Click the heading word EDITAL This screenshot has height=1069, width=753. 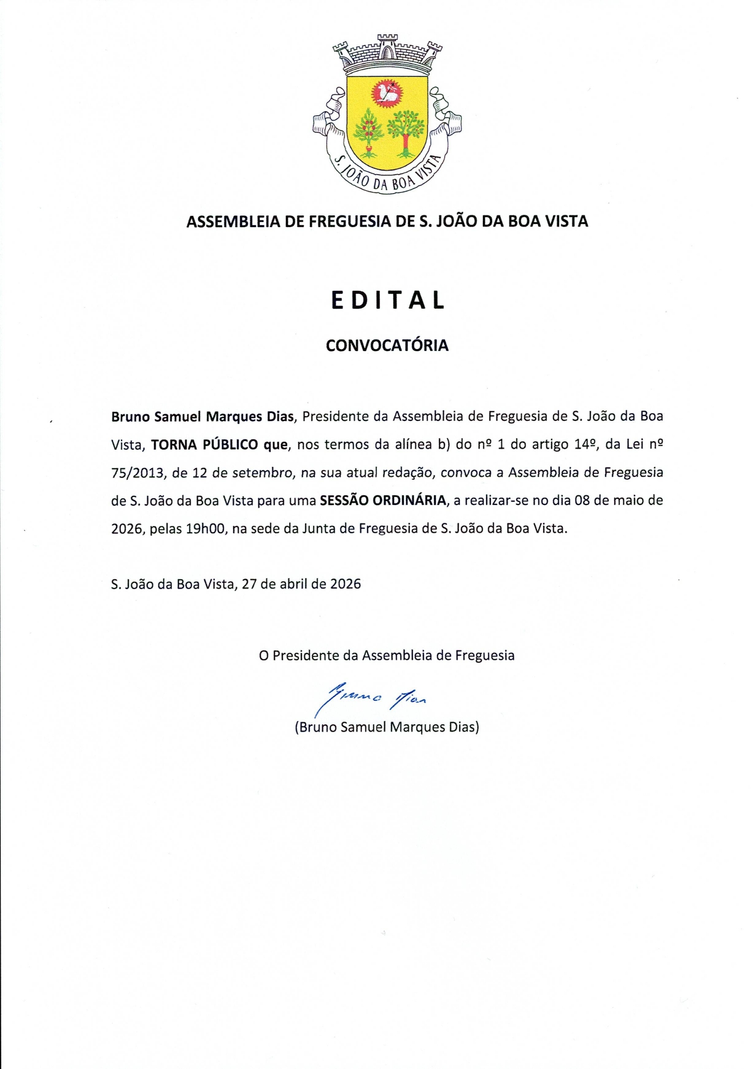tap(387, 300)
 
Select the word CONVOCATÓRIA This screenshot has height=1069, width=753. tap(387, 345)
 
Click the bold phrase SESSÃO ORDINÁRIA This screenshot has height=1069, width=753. tap(383, 500)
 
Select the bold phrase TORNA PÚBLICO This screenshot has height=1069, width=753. tap(204, 444)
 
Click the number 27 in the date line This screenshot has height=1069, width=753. tap(249, 584)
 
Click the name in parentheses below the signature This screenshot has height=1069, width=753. tap(387, 727)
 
